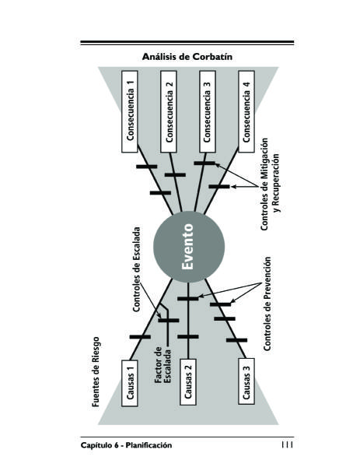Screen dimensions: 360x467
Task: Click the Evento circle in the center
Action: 189,247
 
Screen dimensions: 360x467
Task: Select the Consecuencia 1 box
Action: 130,111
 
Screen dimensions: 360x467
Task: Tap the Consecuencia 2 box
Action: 169,111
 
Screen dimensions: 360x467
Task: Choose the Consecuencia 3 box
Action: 208,111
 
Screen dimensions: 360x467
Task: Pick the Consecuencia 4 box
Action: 246,111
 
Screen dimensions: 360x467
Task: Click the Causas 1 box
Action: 130,383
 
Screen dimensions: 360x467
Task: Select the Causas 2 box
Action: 188,381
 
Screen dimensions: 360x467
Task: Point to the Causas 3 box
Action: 246,381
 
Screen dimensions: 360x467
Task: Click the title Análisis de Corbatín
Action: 187,57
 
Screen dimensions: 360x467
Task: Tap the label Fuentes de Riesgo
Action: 95,372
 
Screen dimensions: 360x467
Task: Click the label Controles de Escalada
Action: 136,269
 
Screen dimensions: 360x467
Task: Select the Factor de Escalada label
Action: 163,365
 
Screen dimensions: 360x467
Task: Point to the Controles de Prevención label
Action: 267,304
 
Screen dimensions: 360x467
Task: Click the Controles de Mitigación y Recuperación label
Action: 270,184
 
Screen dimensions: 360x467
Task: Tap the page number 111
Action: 287,444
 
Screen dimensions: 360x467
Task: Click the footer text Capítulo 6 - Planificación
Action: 126,445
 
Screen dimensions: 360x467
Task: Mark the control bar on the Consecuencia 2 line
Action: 175,175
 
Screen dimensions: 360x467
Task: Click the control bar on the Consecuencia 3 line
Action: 204,163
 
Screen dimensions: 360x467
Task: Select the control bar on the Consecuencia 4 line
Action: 219,187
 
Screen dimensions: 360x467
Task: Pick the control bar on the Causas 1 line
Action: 140,337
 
